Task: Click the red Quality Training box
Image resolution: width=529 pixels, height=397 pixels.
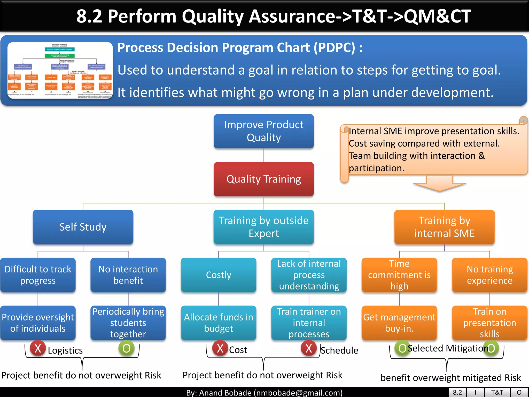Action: (263, 179)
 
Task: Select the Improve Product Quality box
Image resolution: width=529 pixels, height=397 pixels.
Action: (263, 131)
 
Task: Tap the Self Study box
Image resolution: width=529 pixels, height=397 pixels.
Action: (83, 227)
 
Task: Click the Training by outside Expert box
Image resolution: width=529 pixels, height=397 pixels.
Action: (263, 227)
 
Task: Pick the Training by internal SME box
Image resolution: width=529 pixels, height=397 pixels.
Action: (444, 227)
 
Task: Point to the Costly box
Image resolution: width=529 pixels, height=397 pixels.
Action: (219, 275)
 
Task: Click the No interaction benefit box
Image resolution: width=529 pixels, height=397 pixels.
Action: (128, 275)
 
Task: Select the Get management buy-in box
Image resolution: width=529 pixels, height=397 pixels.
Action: (399, 323)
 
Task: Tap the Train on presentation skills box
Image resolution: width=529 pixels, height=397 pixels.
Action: (489, 323)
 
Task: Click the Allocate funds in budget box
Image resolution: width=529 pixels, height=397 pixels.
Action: (219, 323)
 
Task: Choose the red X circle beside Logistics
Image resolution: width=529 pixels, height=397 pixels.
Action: (38, 348)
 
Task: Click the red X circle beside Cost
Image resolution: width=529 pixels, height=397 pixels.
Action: (220, 348)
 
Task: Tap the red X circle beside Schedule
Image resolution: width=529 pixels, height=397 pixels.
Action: (309, 348)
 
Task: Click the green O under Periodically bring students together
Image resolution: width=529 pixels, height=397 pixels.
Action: (126, 348)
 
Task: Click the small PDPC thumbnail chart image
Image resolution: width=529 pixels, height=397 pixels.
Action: (60, 70)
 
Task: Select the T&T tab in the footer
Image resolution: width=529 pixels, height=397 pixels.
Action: (497, 392)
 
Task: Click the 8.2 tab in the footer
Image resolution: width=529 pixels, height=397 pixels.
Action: (457, 392)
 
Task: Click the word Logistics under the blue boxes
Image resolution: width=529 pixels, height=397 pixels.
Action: (65, 350)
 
